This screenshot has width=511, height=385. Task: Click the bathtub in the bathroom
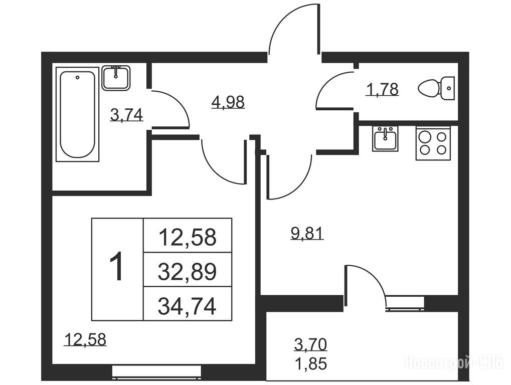point(78,114)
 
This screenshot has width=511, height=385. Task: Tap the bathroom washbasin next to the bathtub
point(116,78)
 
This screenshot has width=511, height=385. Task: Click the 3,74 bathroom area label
point(126,115)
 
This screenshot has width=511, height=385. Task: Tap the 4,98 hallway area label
point(228,102)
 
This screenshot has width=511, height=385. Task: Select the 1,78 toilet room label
point(382,89)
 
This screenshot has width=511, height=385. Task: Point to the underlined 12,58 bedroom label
point(85,339)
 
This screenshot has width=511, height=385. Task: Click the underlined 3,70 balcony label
point(310,344)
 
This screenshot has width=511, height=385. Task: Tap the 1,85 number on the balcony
point(310,363)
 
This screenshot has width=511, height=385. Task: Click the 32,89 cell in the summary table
point(188,271)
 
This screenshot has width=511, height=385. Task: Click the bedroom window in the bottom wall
point(156,372)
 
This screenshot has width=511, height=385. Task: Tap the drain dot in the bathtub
point(77,78)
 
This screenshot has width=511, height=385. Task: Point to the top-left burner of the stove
point(425,137)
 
